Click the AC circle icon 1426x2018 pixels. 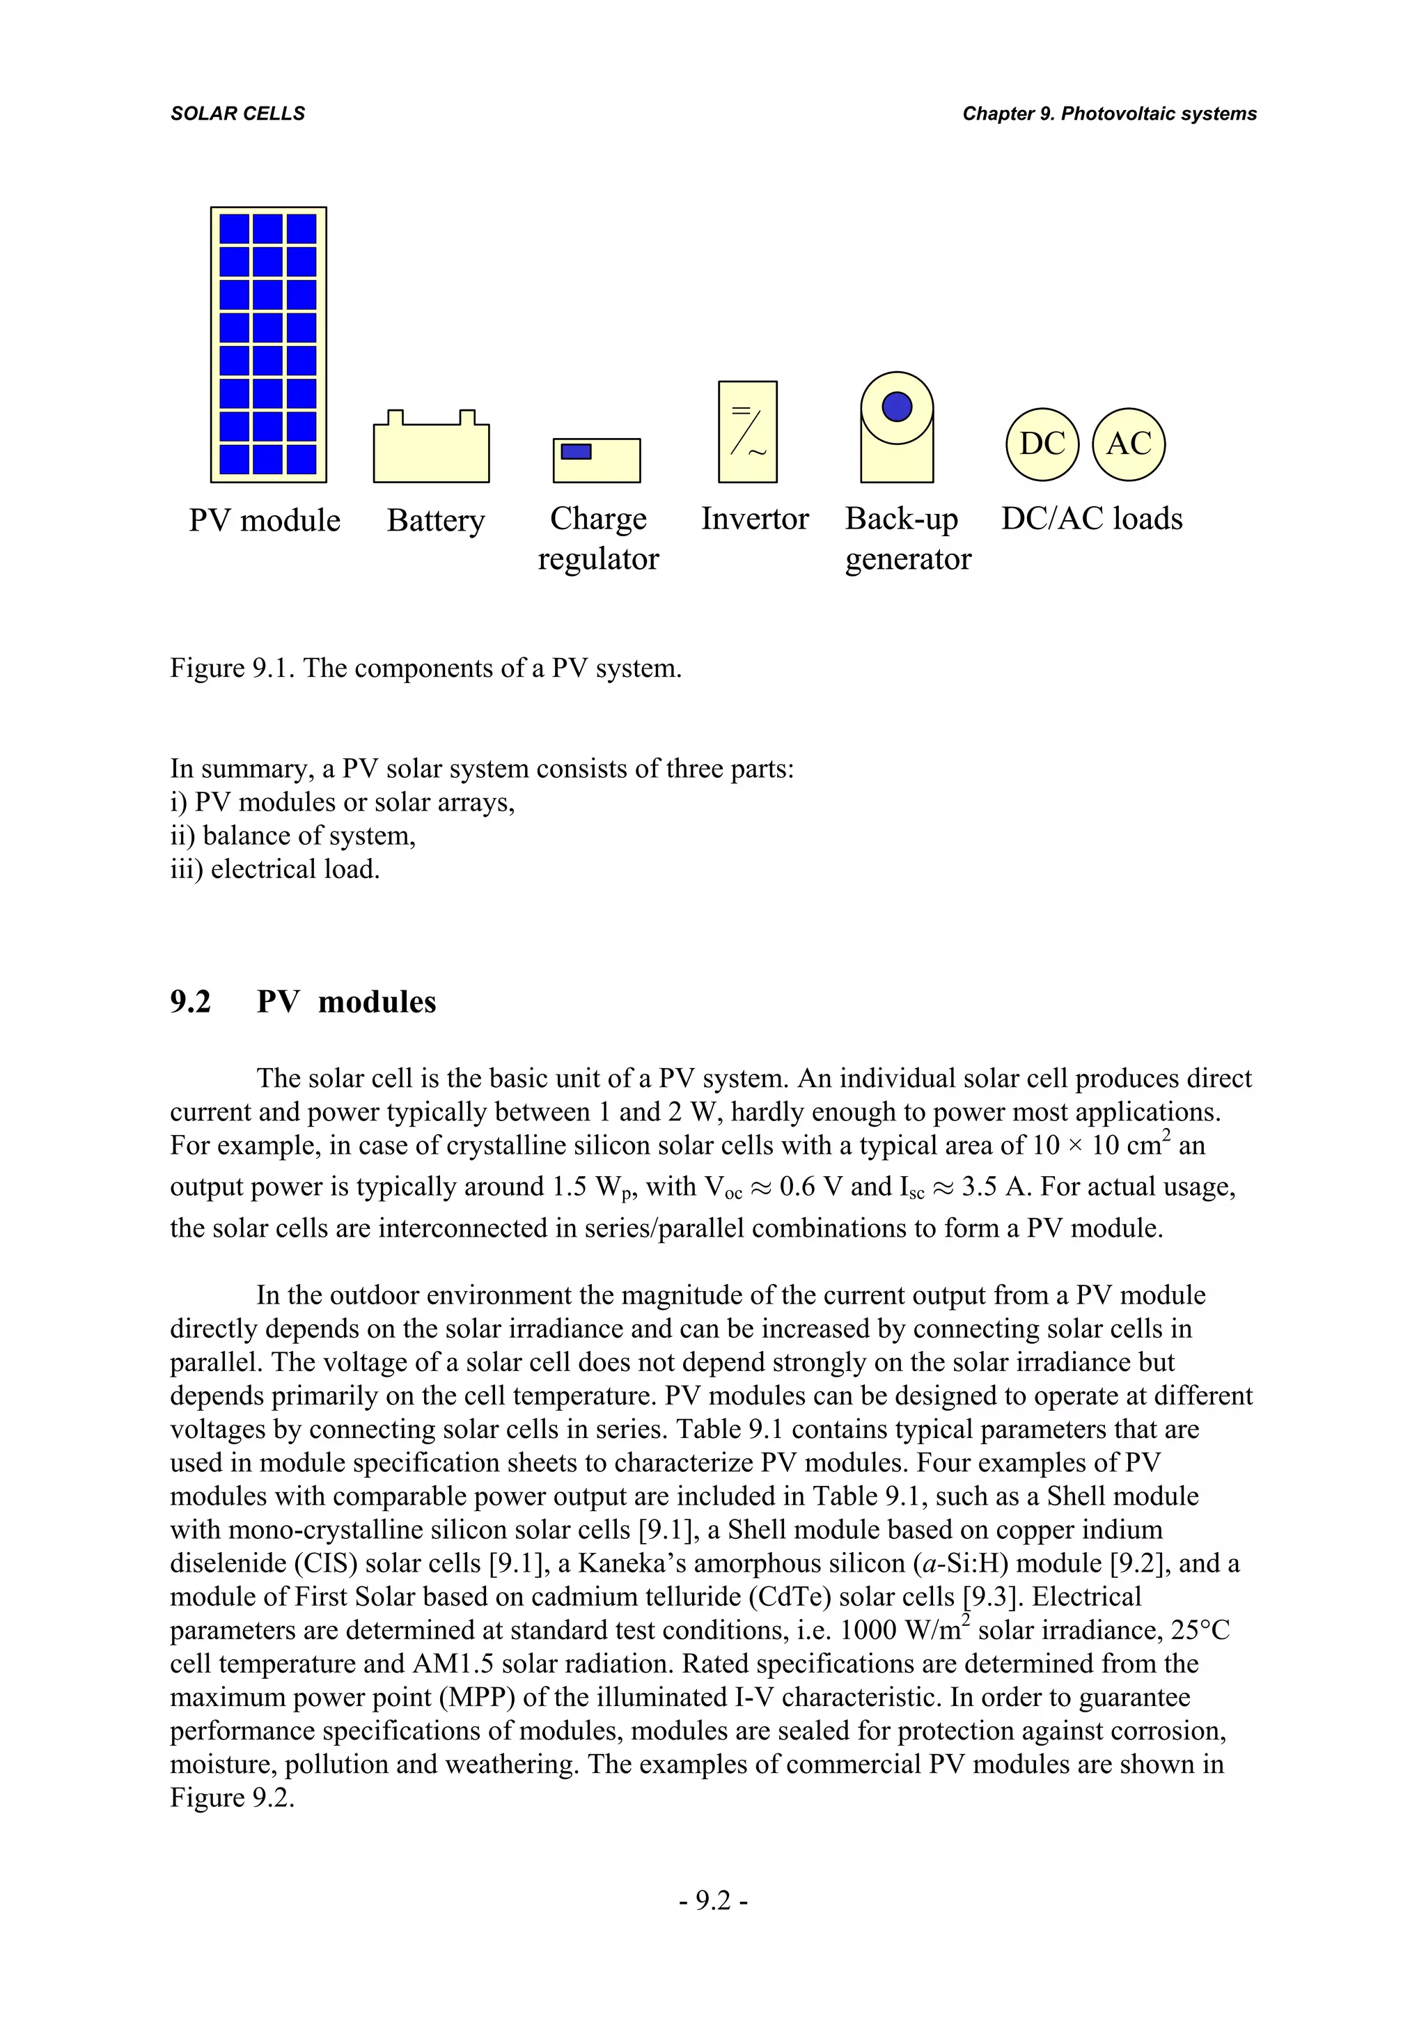click(1128, 444)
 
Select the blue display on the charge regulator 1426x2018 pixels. click(576, 452)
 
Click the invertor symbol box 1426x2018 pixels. click(747, 432)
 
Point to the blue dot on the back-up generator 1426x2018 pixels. click(896, 407)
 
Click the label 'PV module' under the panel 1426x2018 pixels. click(265, 520)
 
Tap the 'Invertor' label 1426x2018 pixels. click(754, 519)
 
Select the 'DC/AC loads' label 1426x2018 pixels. click(1091, 519)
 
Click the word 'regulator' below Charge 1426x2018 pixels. click(597, 559)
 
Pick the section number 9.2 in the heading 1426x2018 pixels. click(191, 1002)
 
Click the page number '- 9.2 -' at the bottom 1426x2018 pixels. click(712, 1900)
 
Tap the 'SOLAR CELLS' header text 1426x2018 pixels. click(237, 114)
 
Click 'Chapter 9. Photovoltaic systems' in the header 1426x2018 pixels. click(1108, 114)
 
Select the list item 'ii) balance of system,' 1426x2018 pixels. click(292, 835)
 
